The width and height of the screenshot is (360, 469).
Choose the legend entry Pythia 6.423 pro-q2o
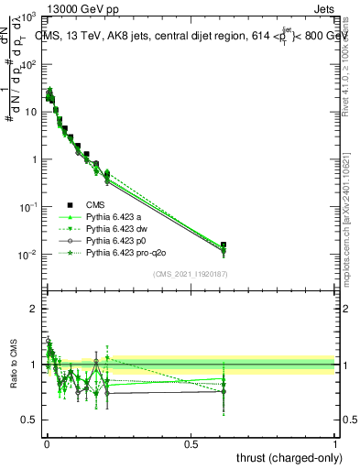(119, 249)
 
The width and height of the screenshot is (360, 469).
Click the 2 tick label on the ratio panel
(33, 309)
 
